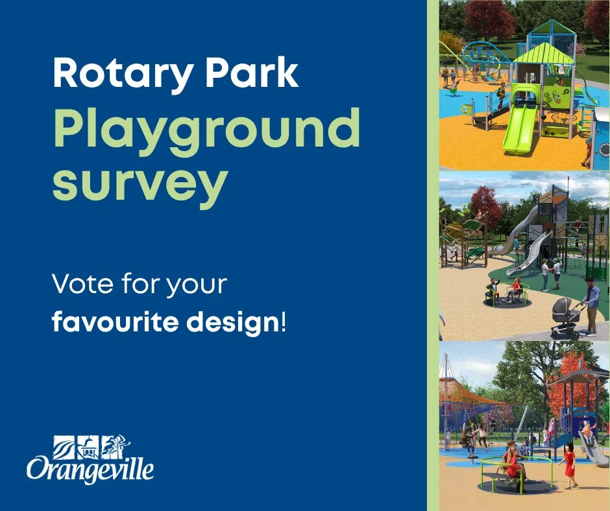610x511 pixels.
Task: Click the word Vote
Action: coord(82,284)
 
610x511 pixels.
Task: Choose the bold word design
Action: coord(237,322)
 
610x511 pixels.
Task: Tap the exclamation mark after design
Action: coord(283,322)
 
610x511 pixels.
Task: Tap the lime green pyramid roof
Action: coord(543,54)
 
